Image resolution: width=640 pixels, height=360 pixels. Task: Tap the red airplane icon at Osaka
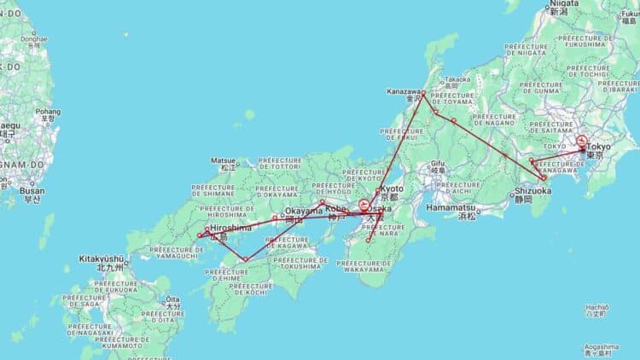click(x=364, y=206)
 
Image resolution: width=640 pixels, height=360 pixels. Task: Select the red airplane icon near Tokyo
click(x=582, y=141)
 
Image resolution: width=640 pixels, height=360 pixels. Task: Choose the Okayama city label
click(x=304, y=211)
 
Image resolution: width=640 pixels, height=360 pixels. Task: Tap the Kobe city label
click(x=335, y=208)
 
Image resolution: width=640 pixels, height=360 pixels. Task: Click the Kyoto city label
click(x=393, y=189)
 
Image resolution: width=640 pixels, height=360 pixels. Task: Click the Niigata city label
click(x=559, y=3)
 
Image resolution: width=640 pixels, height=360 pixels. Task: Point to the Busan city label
click(x=32, y=191)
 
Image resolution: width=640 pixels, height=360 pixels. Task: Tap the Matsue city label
click(x=224, y=160)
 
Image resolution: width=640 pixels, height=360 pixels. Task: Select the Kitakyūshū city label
click(x=102, y=258)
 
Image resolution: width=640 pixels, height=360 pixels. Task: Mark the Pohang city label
click(x=48, y=111)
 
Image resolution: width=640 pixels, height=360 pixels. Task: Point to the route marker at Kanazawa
click(x=423, y=92)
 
